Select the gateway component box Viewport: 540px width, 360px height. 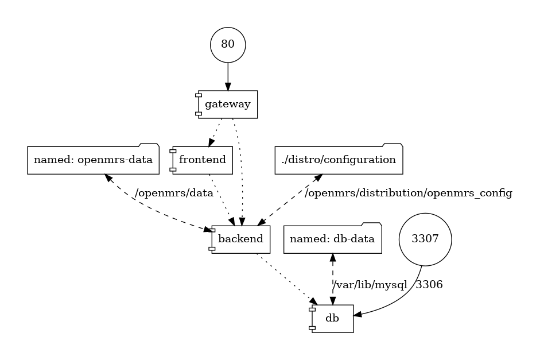pyautogui.click(x=228, y=104)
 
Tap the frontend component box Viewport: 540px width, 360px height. pyautogui.click(x=202, y=160)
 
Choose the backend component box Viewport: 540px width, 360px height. pyautogui.click(x=240, y=239)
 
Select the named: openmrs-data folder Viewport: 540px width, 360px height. pyautogui.click(x=93, y=159)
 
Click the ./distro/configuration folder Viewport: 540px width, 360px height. pyautogui.click(x=339, y=159)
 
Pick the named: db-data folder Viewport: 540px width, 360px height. pyautogui.click(x=333, y=239)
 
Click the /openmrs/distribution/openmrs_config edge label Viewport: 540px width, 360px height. pyautogui.click(x=409, y=193)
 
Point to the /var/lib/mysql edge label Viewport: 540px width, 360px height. pyautogui.click(x=370, y=284)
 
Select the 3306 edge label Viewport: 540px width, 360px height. pyautogui.click(x=429, y=284)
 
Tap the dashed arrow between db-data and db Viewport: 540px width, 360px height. pyautogui.click(x=333, y=276)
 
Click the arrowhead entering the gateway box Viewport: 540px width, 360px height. pyautogui.click(x=228, y=87)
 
